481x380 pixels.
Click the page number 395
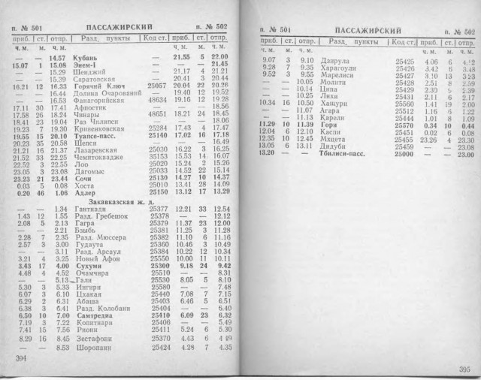click(461, 368)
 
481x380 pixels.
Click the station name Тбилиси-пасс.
click(343, 154)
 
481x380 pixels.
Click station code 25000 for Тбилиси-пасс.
click(406, 154)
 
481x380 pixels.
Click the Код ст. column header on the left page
click(155, 38)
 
